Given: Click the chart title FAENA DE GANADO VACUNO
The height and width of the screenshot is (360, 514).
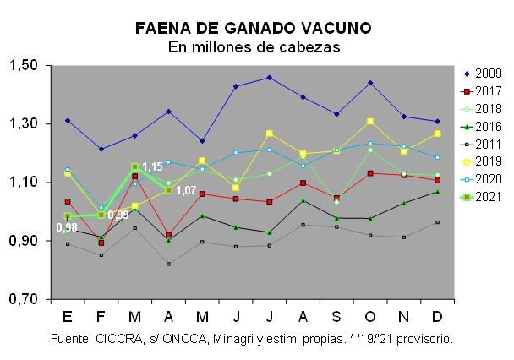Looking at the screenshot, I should point(253,29).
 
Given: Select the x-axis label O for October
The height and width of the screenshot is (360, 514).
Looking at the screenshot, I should point(369,316).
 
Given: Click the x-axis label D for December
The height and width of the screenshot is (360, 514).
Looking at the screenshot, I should point(437,316).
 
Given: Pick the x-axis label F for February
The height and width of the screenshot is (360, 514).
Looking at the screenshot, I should point(101,316).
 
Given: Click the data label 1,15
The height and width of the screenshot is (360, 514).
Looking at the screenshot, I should point(153,167).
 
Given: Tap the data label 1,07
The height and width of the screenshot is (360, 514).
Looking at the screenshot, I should point(186,190).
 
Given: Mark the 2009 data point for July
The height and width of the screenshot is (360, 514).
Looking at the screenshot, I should point(269,77).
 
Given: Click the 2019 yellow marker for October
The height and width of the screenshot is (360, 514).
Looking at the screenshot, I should point(370,122).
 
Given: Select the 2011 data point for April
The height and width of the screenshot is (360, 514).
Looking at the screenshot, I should point(168,264).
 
